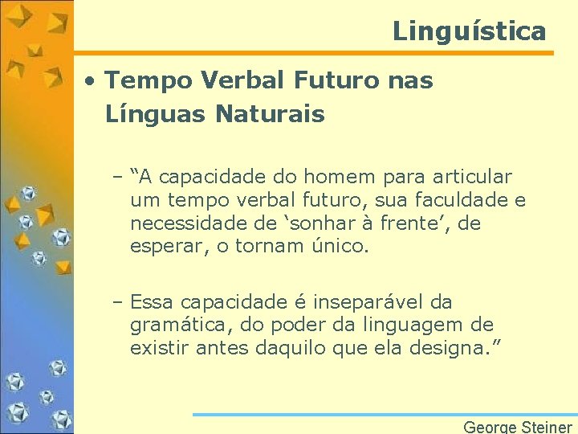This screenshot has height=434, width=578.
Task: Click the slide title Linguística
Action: pos(469,31)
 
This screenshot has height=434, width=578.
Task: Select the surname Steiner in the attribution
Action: pos(545,427)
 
